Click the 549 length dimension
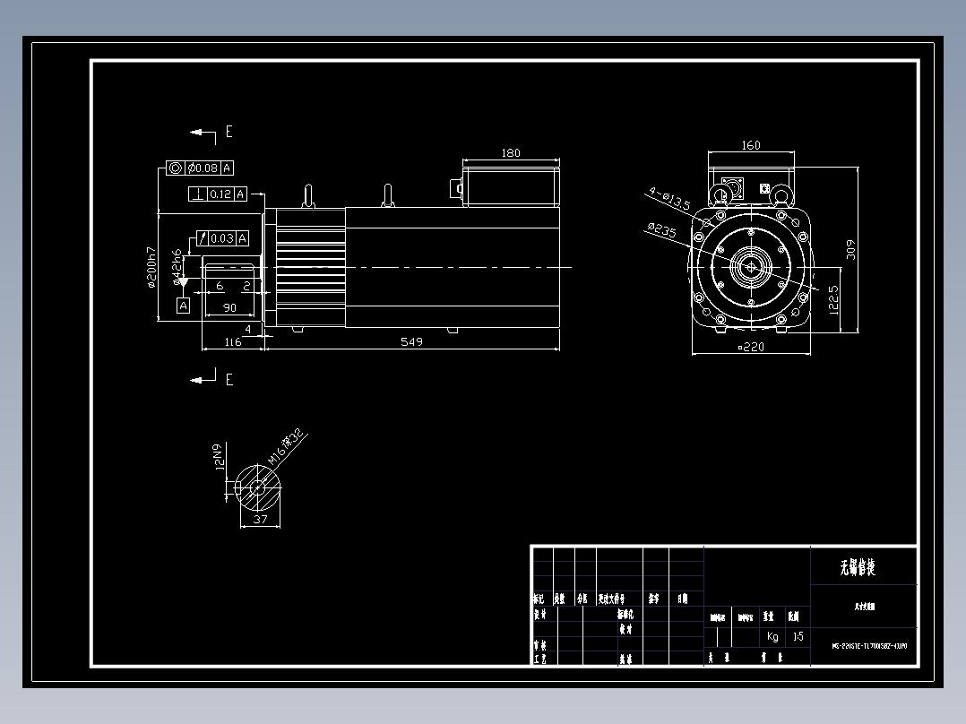click(411, 341)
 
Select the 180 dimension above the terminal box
click(510, 153)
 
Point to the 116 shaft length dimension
click(233, 341)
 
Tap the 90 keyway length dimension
click(229, 308)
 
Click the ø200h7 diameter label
click(152, 267)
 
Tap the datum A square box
click(184, 306)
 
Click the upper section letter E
click(229, 132)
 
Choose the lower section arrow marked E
click(204, 379)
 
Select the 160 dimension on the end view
click(751, 145)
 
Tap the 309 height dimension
click(852, 249)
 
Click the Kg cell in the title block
click(772, 637)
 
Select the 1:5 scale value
click(798, 637)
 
